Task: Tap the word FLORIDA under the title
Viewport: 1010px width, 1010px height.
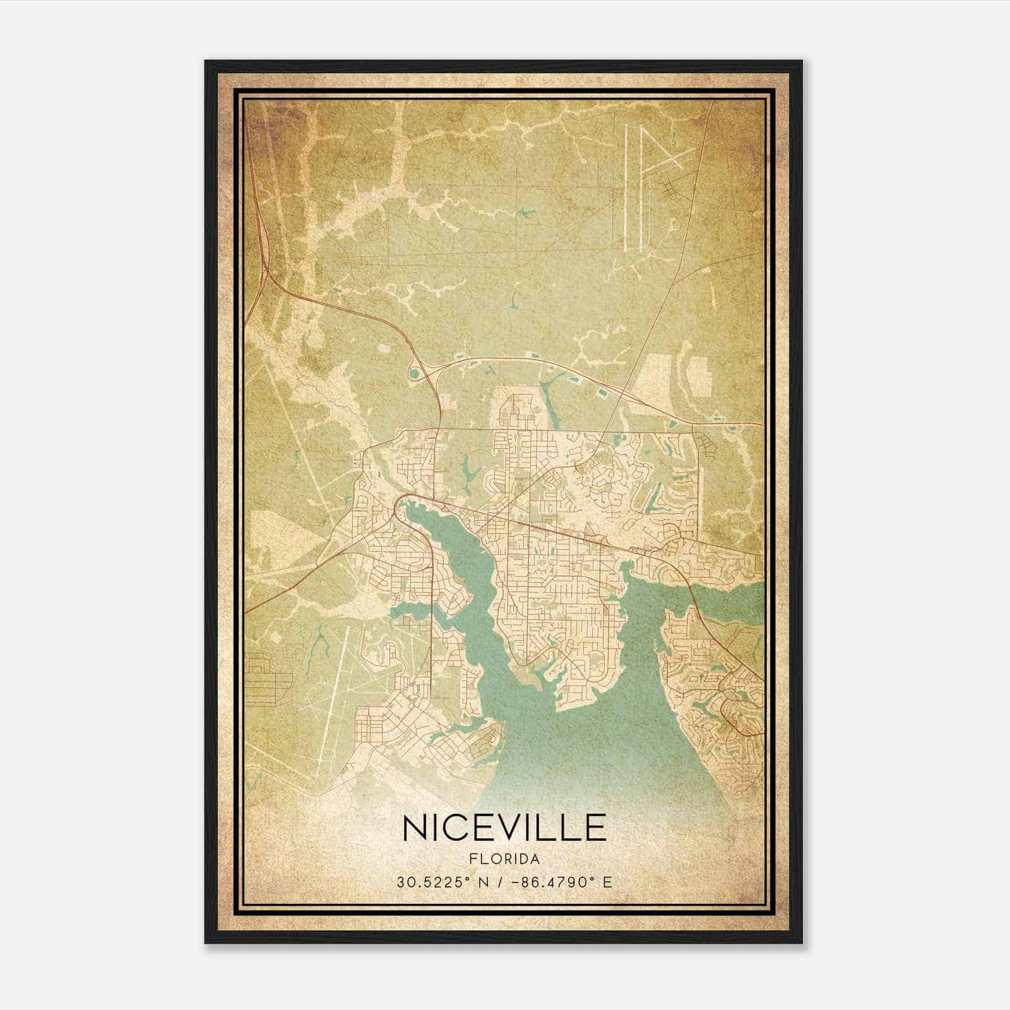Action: pyautogui.click(x=504, y=859)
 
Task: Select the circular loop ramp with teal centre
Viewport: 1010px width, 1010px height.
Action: pyautogui.click(x=413, y=375)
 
